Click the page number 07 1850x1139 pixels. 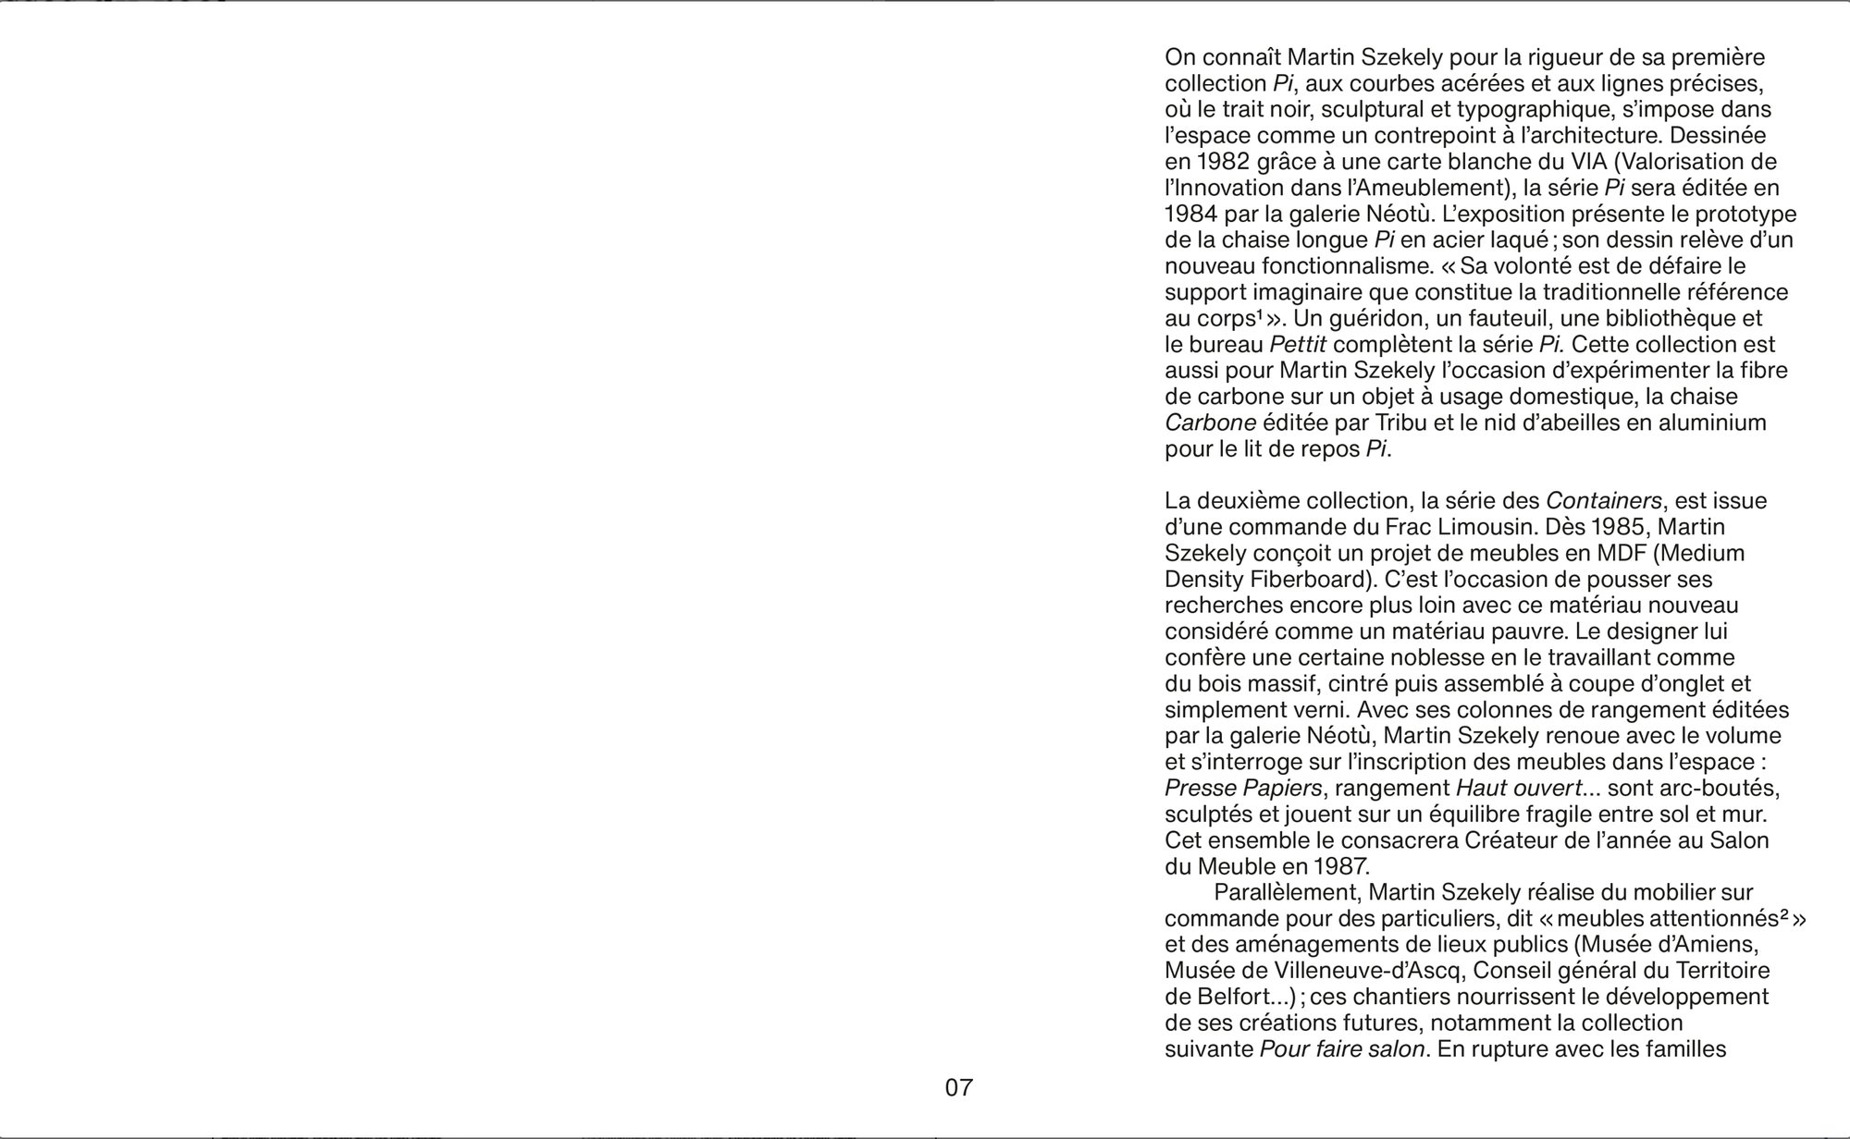click(x=958, y=1088)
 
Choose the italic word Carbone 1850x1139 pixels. click(x=1210, y=423)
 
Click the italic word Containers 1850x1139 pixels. click(x=1604, y=501)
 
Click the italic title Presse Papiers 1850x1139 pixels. click(x=1243, y=789)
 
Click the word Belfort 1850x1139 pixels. click(x=1235, y=998)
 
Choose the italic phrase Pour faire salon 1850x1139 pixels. click(x=1341, y=1050)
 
